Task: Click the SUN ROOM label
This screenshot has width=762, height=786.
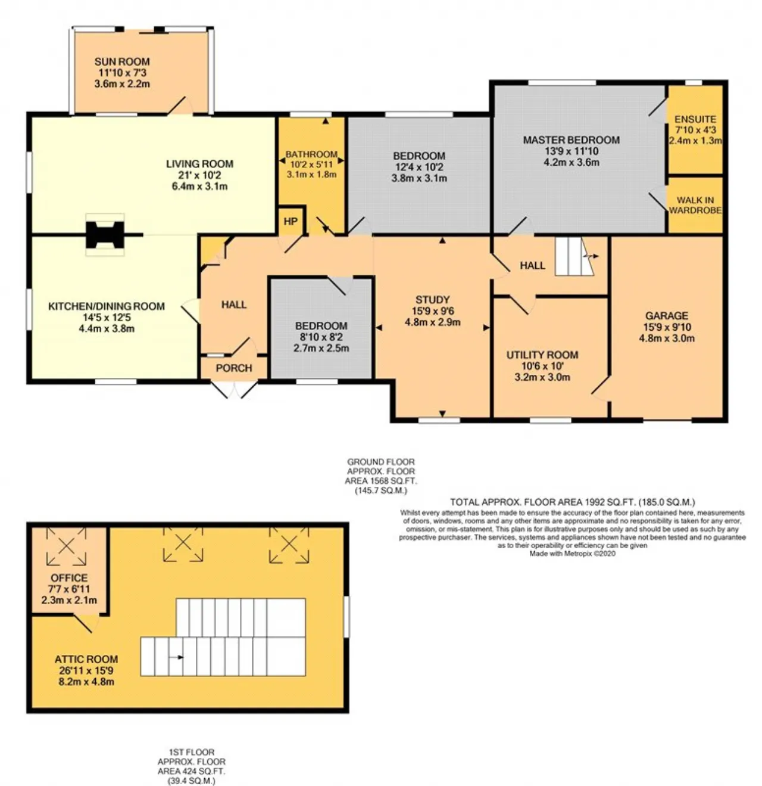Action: pos(122,62)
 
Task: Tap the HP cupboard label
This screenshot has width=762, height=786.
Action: pos(291,221)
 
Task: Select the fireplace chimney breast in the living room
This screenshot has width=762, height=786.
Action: pos(105,235)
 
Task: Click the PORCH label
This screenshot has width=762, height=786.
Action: pos(234,368)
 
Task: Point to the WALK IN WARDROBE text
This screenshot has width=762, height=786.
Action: pos(695,205)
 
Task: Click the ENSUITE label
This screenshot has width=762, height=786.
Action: pos(695,119)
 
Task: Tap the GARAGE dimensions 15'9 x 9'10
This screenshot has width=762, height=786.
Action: pos(667,327)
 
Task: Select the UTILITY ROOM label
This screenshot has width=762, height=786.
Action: pos(542,355)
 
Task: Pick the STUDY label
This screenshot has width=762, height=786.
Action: pos(432,300)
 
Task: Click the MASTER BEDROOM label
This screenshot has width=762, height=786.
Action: pos(571,140)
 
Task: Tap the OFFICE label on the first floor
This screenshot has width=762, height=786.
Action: pos(69,577)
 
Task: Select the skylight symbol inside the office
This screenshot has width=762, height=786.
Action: pos(67,546)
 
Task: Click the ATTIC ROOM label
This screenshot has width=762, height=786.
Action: pos(86,659)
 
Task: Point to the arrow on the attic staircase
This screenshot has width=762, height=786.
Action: pos(176,657)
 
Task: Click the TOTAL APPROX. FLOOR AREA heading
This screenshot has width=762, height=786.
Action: pos(572,502)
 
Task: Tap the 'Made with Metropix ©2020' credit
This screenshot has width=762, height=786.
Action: pos(572,554)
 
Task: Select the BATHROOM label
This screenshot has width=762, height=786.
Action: pos(311,154)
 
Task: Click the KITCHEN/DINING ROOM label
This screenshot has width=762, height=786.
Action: pos(107,306)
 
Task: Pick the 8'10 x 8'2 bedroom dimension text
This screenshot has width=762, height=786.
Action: pos(321,337)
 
